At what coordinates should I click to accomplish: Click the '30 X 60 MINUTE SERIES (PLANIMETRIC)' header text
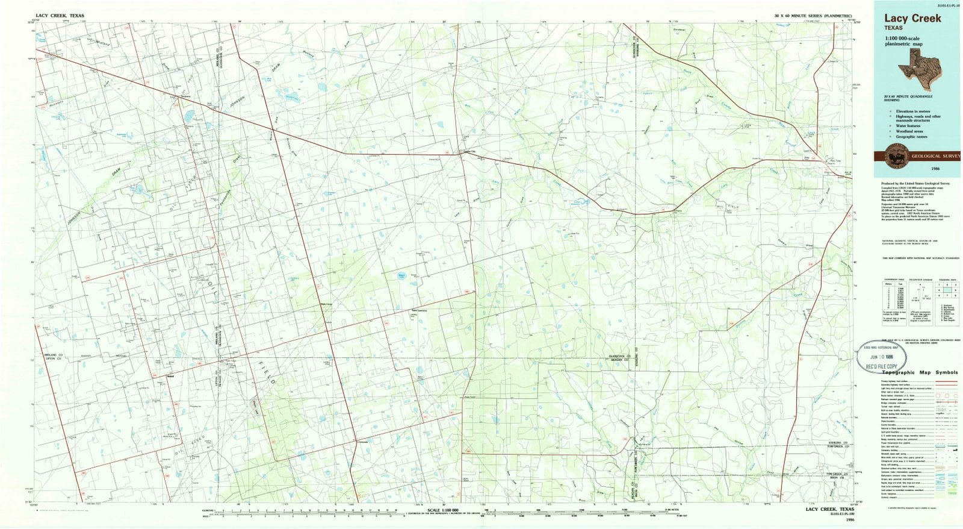click(813, 14)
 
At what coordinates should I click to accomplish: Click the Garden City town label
click(468, 151)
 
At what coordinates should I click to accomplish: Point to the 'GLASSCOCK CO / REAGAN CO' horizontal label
click(620, 357)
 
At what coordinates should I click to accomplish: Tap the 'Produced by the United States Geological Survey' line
click(916, 183)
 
